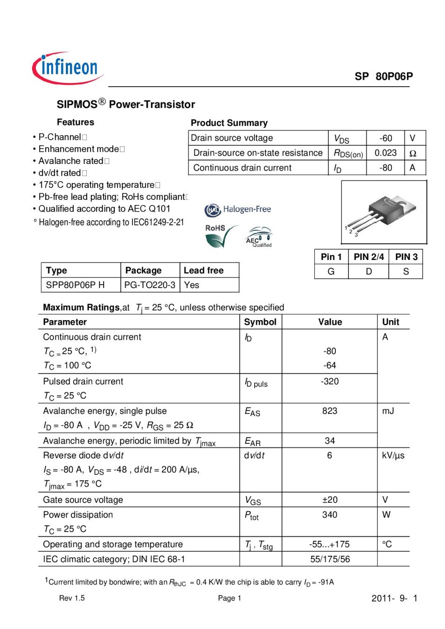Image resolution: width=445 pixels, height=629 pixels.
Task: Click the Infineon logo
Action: coord(68,68)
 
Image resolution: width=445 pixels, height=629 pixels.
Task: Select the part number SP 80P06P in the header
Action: coord(383,76)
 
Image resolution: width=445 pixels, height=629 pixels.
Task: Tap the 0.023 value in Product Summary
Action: coord(385,153)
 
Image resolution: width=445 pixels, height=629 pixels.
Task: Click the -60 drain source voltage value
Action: coord(385,138)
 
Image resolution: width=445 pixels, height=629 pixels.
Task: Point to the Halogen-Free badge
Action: coord(238,210)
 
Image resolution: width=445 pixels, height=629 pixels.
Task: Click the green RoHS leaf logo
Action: coord(219,236)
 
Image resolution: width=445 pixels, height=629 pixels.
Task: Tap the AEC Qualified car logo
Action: coord(259,237)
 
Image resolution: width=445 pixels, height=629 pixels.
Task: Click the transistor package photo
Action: coord(384,212)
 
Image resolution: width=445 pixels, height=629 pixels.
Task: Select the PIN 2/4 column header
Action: coord(369,257)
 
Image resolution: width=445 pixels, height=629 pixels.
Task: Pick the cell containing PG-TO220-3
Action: coord(150,285)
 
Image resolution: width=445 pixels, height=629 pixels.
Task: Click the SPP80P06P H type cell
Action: coord(75,285)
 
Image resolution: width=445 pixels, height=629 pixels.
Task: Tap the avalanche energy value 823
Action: coord(329,411)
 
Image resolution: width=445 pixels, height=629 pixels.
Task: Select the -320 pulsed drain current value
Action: coord(329,382)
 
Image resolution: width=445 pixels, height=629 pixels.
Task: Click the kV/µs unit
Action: coord(393,456)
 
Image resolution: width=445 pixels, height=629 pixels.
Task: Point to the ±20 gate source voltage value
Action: coord(329,500)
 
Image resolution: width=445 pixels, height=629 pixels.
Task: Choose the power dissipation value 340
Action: coord(329,515)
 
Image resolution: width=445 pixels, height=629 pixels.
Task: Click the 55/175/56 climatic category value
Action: coord(330,559)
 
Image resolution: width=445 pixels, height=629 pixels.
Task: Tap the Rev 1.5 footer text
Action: coord(72,598)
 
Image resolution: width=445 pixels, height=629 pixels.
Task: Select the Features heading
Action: coord(76,123)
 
